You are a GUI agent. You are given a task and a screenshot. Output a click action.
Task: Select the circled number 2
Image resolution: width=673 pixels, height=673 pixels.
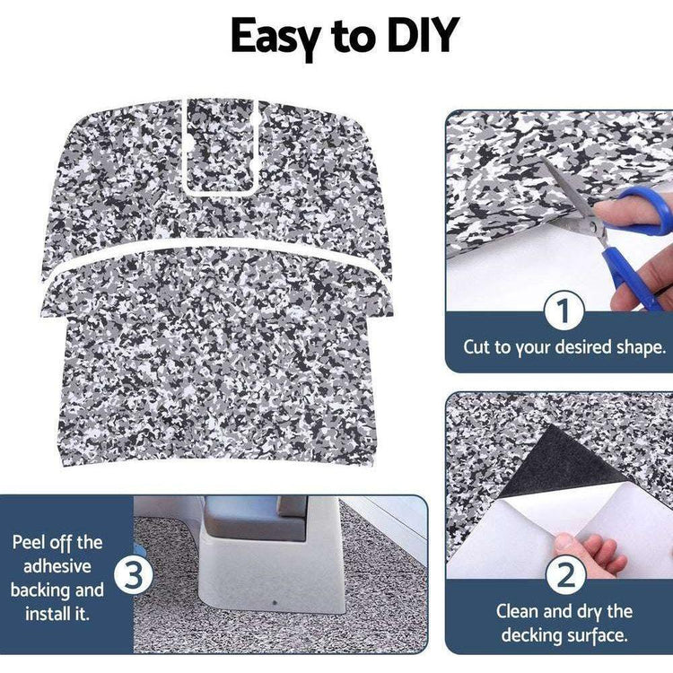tap(564, 575)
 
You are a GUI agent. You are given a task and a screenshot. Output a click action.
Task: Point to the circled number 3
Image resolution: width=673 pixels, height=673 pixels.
tap(133, 574)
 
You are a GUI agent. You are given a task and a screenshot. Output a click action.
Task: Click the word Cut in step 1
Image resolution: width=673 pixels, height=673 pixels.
tap(476, 346)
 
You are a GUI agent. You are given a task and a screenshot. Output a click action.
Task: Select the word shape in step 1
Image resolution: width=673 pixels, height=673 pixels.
tap(641, 347)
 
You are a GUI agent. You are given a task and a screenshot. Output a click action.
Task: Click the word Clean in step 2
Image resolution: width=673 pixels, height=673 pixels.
tap(518, 611)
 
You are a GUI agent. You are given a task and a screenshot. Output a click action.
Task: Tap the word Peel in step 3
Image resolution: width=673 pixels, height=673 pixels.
tap(30, 543)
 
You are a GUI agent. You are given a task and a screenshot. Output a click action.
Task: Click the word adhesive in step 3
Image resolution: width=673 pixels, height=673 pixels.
tap(57, 566)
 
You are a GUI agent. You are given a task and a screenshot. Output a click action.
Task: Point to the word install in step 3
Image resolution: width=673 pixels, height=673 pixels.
tap(45, 614)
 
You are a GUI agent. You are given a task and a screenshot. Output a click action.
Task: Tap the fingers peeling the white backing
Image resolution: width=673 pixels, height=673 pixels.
tap(588, 553)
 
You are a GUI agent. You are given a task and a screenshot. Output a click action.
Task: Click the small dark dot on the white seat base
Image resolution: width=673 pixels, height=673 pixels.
tap(275, 603)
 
